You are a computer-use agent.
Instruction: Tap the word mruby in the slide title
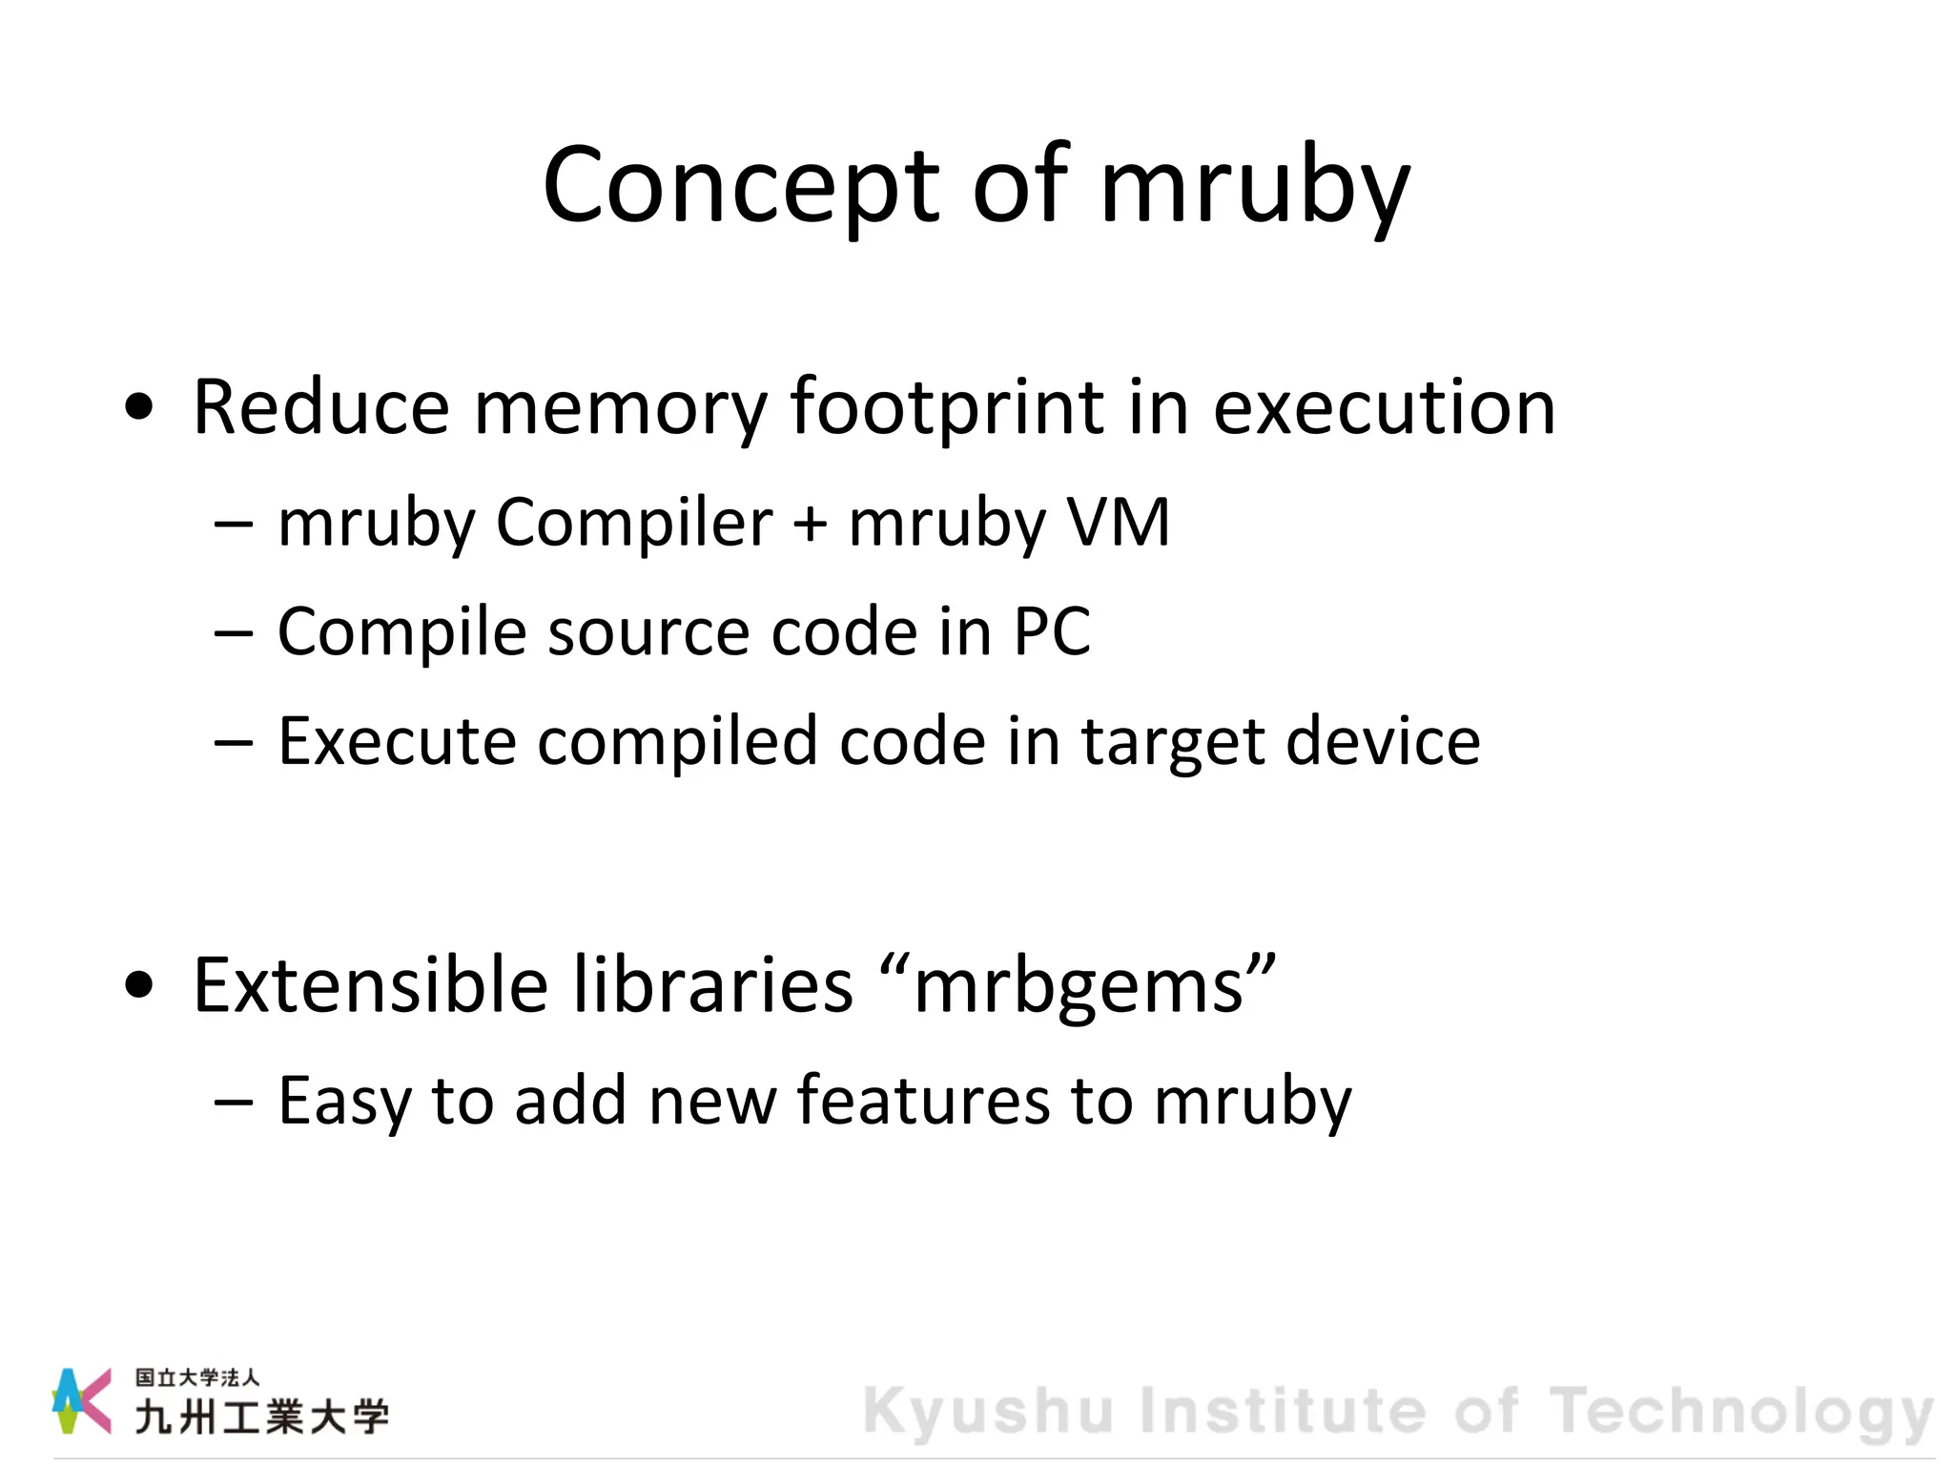[x=1255, y=186]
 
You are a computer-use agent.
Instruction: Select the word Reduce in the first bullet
[x=320, y=407]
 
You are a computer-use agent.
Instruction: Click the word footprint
[x=946, y=407]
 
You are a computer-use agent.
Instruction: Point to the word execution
[x=1384, y=407]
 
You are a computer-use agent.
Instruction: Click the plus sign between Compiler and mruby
[x=810, y=524]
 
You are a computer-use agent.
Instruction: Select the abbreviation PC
[x=1052, y=631]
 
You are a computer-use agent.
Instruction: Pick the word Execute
[x=396, y=741]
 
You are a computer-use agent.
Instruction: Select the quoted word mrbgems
[x=1079, y=986]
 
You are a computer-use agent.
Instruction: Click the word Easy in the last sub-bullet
[x=343, y=1103]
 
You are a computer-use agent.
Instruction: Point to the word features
[x=923, y=1101]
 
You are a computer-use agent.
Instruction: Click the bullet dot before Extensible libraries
[x=139, y=986]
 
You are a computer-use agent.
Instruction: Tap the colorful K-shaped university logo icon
[x=81, y=1400]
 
